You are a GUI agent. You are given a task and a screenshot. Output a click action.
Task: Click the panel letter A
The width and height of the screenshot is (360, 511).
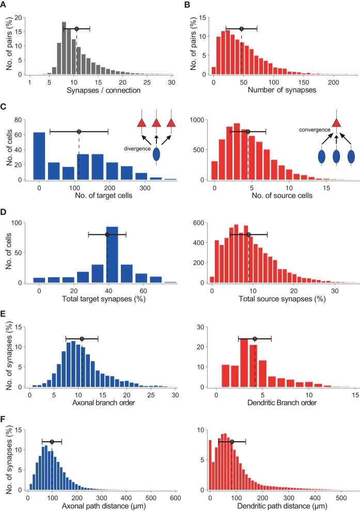4,4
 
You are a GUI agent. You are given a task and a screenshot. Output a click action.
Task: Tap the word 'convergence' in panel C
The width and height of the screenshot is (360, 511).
308,123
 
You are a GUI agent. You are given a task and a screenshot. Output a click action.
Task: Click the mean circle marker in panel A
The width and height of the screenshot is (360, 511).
76,28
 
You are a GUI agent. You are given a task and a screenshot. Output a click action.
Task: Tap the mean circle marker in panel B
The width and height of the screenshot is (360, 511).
241,28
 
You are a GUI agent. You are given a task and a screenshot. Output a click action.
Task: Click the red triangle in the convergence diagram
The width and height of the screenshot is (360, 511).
337,122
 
